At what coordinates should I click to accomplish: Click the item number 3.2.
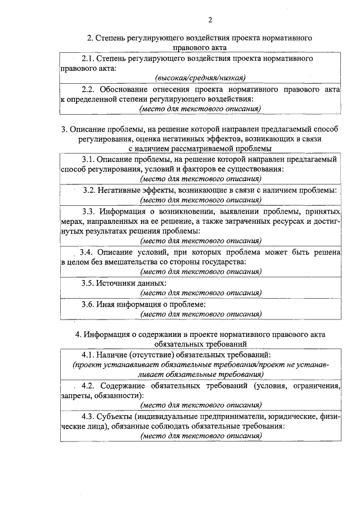(90, 190)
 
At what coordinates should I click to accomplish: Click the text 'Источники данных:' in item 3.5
(132, 282)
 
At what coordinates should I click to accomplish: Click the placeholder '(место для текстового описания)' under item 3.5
(201, 293)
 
